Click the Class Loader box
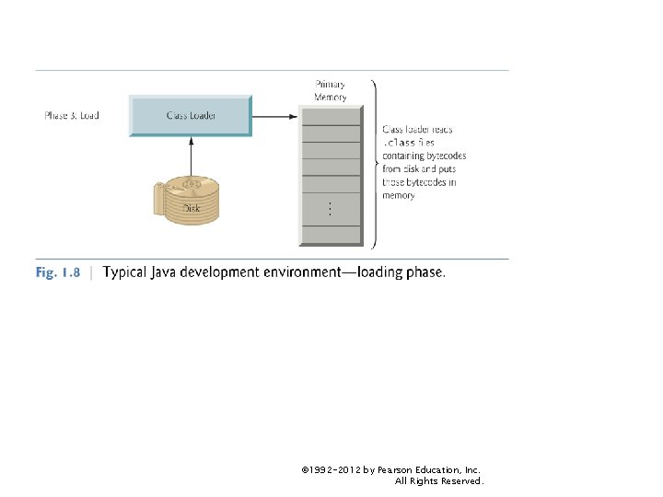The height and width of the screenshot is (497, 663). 190,116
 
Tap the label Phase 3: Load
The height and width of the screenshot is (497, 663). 72,116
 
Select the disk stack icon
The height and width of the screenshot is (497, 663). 190,200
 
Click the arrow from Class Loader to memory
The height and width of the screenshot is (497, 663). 274,116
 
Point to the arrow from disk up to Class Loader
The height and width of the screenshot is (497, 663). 190,156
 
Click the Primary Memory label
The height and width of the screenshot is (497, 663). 331,91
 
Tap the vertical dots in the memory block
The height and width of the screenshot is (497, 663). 331,210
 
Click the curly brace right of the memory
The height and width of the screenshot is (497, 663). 374,164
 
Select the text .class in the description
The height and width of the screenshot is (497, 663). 400,144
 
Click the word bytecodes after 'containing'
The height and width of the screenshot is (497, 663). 436,156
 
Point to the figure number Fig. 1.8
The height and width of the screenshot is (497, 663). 58,272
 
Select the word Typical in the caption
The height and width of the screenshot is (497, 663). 126,272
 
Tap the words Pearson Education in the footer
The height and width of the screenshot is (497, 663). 416,469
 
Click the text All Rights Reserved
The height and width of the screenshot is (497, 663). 438,481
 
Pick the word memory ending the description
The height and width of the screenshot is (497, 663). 399,196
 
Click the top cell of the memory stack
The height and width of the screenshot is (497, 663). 331,116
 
